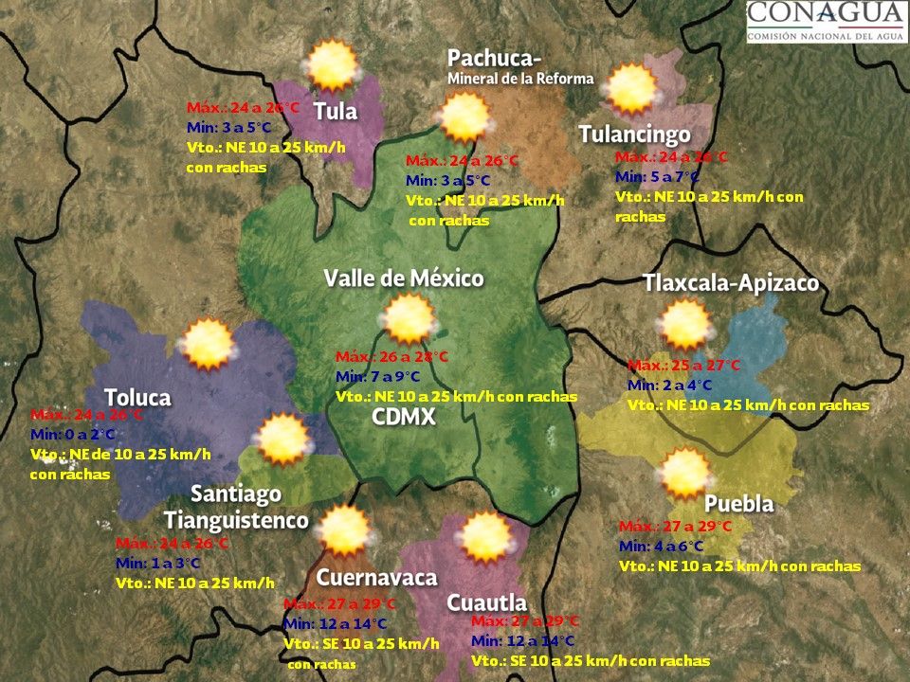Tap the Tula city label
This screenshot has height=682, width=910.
click(x=336, y=111)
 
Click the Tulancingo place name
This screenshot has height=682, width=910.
click(x=634, y=135)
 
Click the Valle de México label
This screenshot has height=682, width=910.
click(x=404, y=278)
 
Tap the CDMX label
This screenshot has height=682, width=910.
click(x=403, y=418)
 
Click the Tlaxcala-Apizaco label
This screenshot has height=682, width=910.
click(x=730, y=283)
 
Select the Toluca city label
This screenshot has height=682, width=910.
click(x=137, y=397)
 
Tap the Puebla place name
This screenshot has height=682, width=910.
click(x=739, y=503)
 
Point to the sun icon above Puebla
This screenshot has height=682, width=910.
click(x=684, y=473)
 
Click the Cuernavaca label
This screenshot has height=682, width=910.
click(x=376, y=578)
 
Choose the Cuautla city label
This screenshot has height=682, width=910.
click(x=486, y=602)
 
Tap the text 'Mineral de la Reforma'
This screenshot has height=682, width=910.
click(x=520, y=79)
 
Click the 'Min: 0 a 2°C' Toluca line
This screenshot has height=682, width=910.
click(x=73, y=435)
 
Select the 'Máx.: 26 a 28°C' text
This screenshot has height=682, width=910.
click(x=391, y=357)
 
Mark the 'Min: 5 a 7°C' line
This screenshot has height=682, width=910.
click(x=657, y=176)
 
